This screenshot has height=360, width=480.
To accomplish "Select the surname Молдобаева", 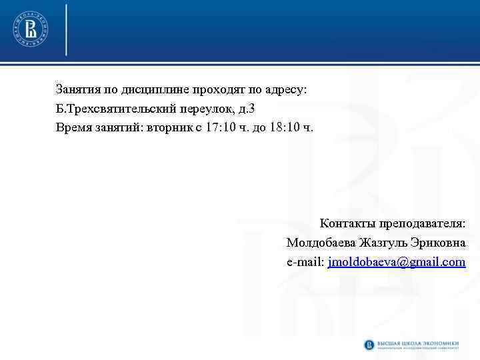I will [322, 242].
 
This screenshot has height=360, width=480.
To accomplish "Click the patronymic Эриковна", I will [441, 242].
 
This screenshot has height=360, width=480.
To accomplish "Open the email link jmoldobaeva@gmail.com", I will [397, 262].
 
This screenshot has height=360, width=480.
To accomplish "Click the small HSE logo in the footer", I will [369, 345].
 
